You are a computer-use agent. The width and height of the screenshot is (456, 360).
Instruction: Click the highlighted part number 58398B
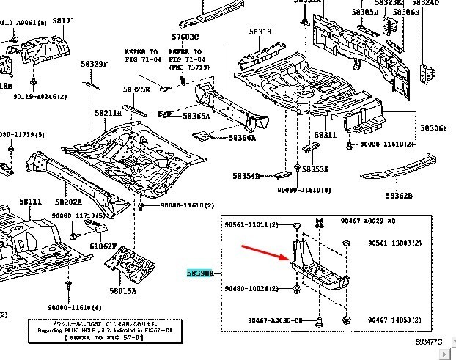[199, 273]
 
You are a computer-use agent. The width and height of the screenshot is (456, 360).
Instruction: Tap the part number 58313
[260, 32]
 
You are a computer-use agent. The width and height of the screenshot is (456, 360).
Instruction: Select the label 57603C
[185, 37]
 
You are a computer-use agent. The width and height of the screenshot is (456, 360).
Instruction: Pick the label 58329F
[94, 65]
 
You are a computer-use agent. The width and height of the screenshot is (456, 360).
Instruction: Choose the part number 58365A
[196, 116]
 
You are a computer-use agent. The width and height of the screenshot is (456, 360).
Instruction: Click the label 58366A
[242, 137]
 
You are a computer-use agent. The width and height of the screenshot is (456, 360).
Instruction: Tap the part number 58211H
[108, 113]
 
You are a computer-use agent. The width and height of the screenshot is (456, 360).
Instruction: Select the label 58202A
[68, 202]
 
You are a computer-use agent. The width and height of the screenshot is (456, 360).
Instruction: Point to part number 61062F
[103, 246]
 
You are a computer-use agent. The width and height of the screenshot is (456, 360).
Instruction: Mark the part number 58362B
[400, 196]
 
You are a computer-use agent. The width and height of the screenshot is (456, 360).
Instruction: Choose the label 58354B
[246, 177]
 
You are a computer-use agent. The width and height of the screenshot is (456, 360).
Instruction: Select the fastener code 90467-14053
[389, 320]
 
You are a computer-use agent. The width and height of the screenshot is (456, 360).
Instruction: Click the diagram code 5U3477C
[431, 342]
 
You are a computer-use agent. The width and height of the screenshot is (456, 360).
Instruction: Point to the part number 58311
[326, 135]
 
